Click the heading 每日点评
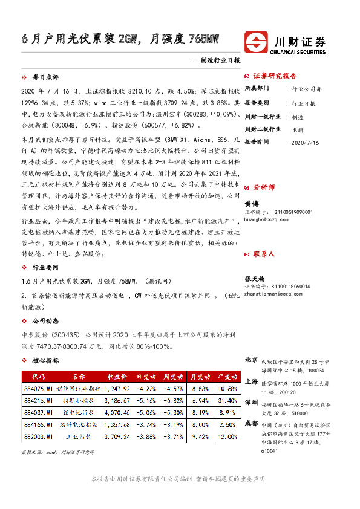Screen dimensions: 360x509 tap(45, 78)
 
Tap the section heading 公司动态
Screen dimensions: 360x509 tap(45, 322)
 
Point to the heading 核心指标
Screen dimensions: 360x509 tap(45, 360)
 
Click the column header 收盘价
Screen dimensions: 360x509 tap(117, 376)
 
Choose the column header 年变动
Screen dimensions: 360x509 tap(228, 376)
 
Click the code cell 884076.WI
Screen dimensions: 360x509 tap(37, 388)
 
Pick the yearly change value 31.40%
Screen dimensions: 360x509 tap(228, 400)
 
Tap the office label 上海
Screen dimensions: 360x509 tap(251, 381)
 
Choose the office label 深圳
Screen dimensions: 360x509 tap(251, 402)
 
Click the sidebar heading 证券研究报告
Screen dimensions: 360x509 tap(275, 76)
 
